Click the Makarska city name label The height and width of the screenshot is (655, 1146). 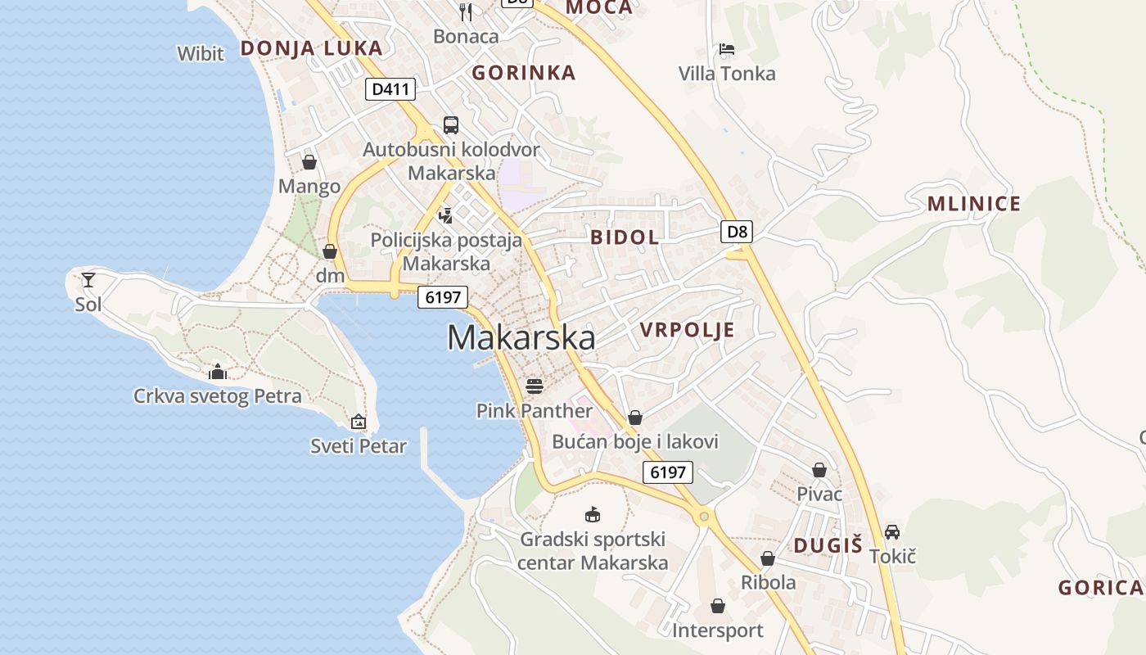(x=521, y=338)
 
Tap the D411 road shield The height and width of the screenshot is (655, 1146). (x=390, y=89)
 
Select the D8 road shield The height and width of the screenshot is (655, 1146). (x=738, y=232)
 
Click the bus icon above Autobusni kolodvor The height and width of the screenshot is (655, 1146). (x=451, y=125)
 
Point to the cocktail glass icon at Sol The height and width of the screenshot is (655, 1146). (x=88, y=280)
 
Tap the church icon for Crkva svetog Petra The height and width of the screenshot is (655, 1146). (x=218, y=372)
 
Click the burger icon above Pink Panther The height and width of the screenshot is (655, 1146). (x=535, y=386)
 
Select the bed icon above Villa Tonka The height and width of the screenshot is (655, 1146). (x=726, y=49)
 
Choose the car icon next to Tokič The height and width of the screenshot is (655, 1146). (x=892, y=532)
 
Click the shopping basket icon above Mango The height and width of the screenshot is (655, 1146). (x=309, y=162)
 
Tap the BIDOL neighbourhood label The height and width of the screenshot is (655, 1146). (x=625, y=238)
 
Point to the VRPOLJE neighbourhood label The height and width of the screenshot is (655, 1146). (x=687, y=330)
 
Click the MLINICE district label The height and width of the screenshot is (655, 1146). (x=973, y=205)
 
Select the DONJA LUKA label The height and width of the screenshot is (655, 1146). (x=311, y=48)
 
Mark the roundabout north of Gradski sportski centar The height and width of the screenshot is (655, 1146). (x=702, y=516)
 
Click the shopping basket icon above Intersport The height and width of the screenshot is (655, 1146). (x=718, y=606)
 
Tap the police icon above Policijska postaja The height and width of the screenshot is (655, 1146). (x=446, y=215)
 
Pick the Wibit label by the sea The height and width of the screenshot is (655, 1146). (x=201, y=54)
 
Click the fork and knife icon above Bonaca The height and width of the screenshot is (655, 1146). (x=466, y=11)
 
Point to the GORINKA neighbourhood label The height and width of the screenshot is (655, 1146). (x=524, y=73)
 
